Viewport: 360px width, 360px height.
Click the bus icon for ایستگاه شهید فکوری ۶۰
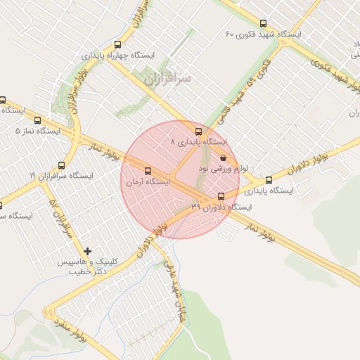(264, 23)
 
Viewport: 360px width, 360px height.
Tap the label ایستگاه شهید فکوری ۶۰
(263, 34)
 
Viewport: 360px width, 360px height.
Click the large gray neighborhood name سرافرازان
(167, 79)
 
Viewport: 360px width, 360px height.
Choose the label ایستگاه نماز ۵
(38, 131)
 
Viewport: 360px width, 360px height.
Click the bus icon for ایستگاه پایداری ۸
(199, 131)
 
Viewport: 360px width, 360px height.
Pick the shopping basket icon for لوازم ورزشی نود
(224, 158)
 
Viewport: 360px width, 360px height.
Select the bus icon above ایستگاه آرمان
(148, 171)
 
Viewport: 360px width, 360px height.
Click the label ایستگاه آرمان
(147, 182)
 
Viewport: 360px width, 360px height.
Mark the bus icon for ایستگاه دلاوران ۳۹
(221, 196)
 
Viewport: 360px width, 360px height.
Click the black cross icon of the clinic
(88, 251)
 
